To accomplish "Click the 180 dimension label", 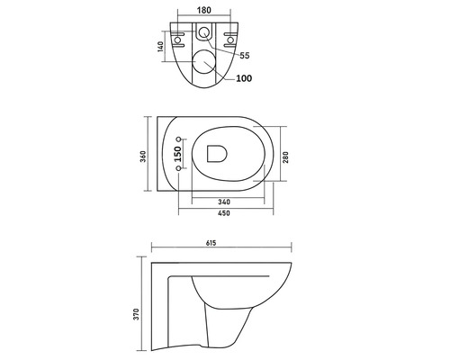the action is point(204,10).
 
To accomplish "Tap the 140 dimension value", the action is point(160,47).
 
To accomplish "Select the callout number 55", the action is point(245,56).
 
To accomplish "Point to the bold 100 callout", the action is point(244,78).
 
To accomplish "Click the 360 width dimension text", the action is point(143,157).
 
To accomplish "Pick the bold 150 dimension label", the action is point(178,154).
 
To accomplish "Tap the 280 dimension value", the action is point(285,157).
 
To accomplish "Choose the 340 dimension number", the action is point(224,202).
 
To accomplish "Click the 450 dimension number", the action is point(224,213).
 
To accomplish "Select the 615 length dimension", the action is point(211,243).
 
